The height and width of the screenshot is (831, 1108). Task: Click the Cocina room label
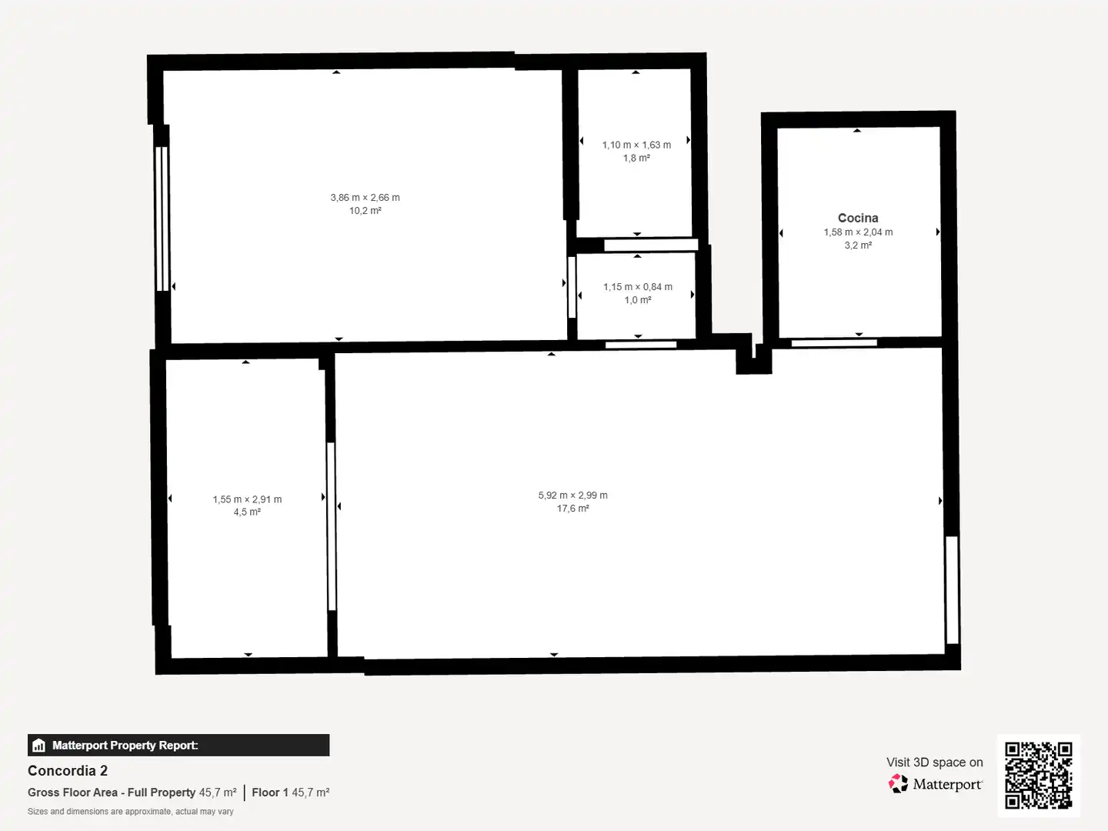coord(858,218)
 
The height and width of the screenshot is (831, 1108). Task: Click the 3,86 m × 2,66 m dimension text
coord(365,197)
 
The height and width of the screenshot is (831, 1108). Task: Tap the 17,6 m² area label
coord(573,508)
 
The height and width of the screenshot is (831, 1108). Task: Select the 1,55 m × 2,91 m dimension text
coord(247,499)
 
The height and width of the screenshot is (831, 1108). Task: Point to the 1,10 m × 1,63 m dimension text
coord(636,145)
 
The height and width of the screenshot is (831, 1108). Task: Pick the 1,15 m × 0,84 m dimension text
coord(638,286)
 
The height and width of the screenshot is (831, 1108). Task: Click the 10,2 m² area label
coord(365,210)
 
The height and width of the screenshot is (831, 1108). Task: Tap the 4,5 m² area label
coord(247,512)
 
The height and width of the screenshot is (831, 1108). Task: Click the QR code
coord(1038,775)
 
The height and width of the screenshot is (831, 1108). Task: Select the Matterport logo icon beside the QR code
coord(898,783)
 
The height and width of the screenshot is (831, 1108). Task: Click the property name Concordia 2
coord(68,770)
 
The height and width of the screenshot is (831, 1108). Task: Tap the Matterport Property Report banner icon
coord(39,746)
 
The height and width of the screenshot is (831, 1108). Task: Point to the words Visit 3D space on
coord(934,762)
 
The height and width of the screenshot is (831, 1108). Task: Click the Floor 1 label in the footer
coord(269,793)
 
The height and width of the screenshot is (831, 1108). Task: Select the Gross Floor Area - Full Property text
coord(111,793)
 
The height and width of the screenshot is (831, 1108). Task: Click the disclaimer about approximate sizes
coord(130,811)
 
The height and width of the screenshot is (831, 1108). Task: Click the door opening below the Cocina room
coord(834,343)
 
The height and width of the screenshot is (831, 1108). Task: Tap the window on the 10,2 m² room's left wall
coord(162,219)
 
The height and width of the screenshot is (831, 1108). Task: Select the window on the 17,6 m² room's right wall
coord(952,590)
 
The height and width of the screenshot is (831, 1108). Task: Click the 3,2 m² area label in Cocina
coord(858,245)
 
